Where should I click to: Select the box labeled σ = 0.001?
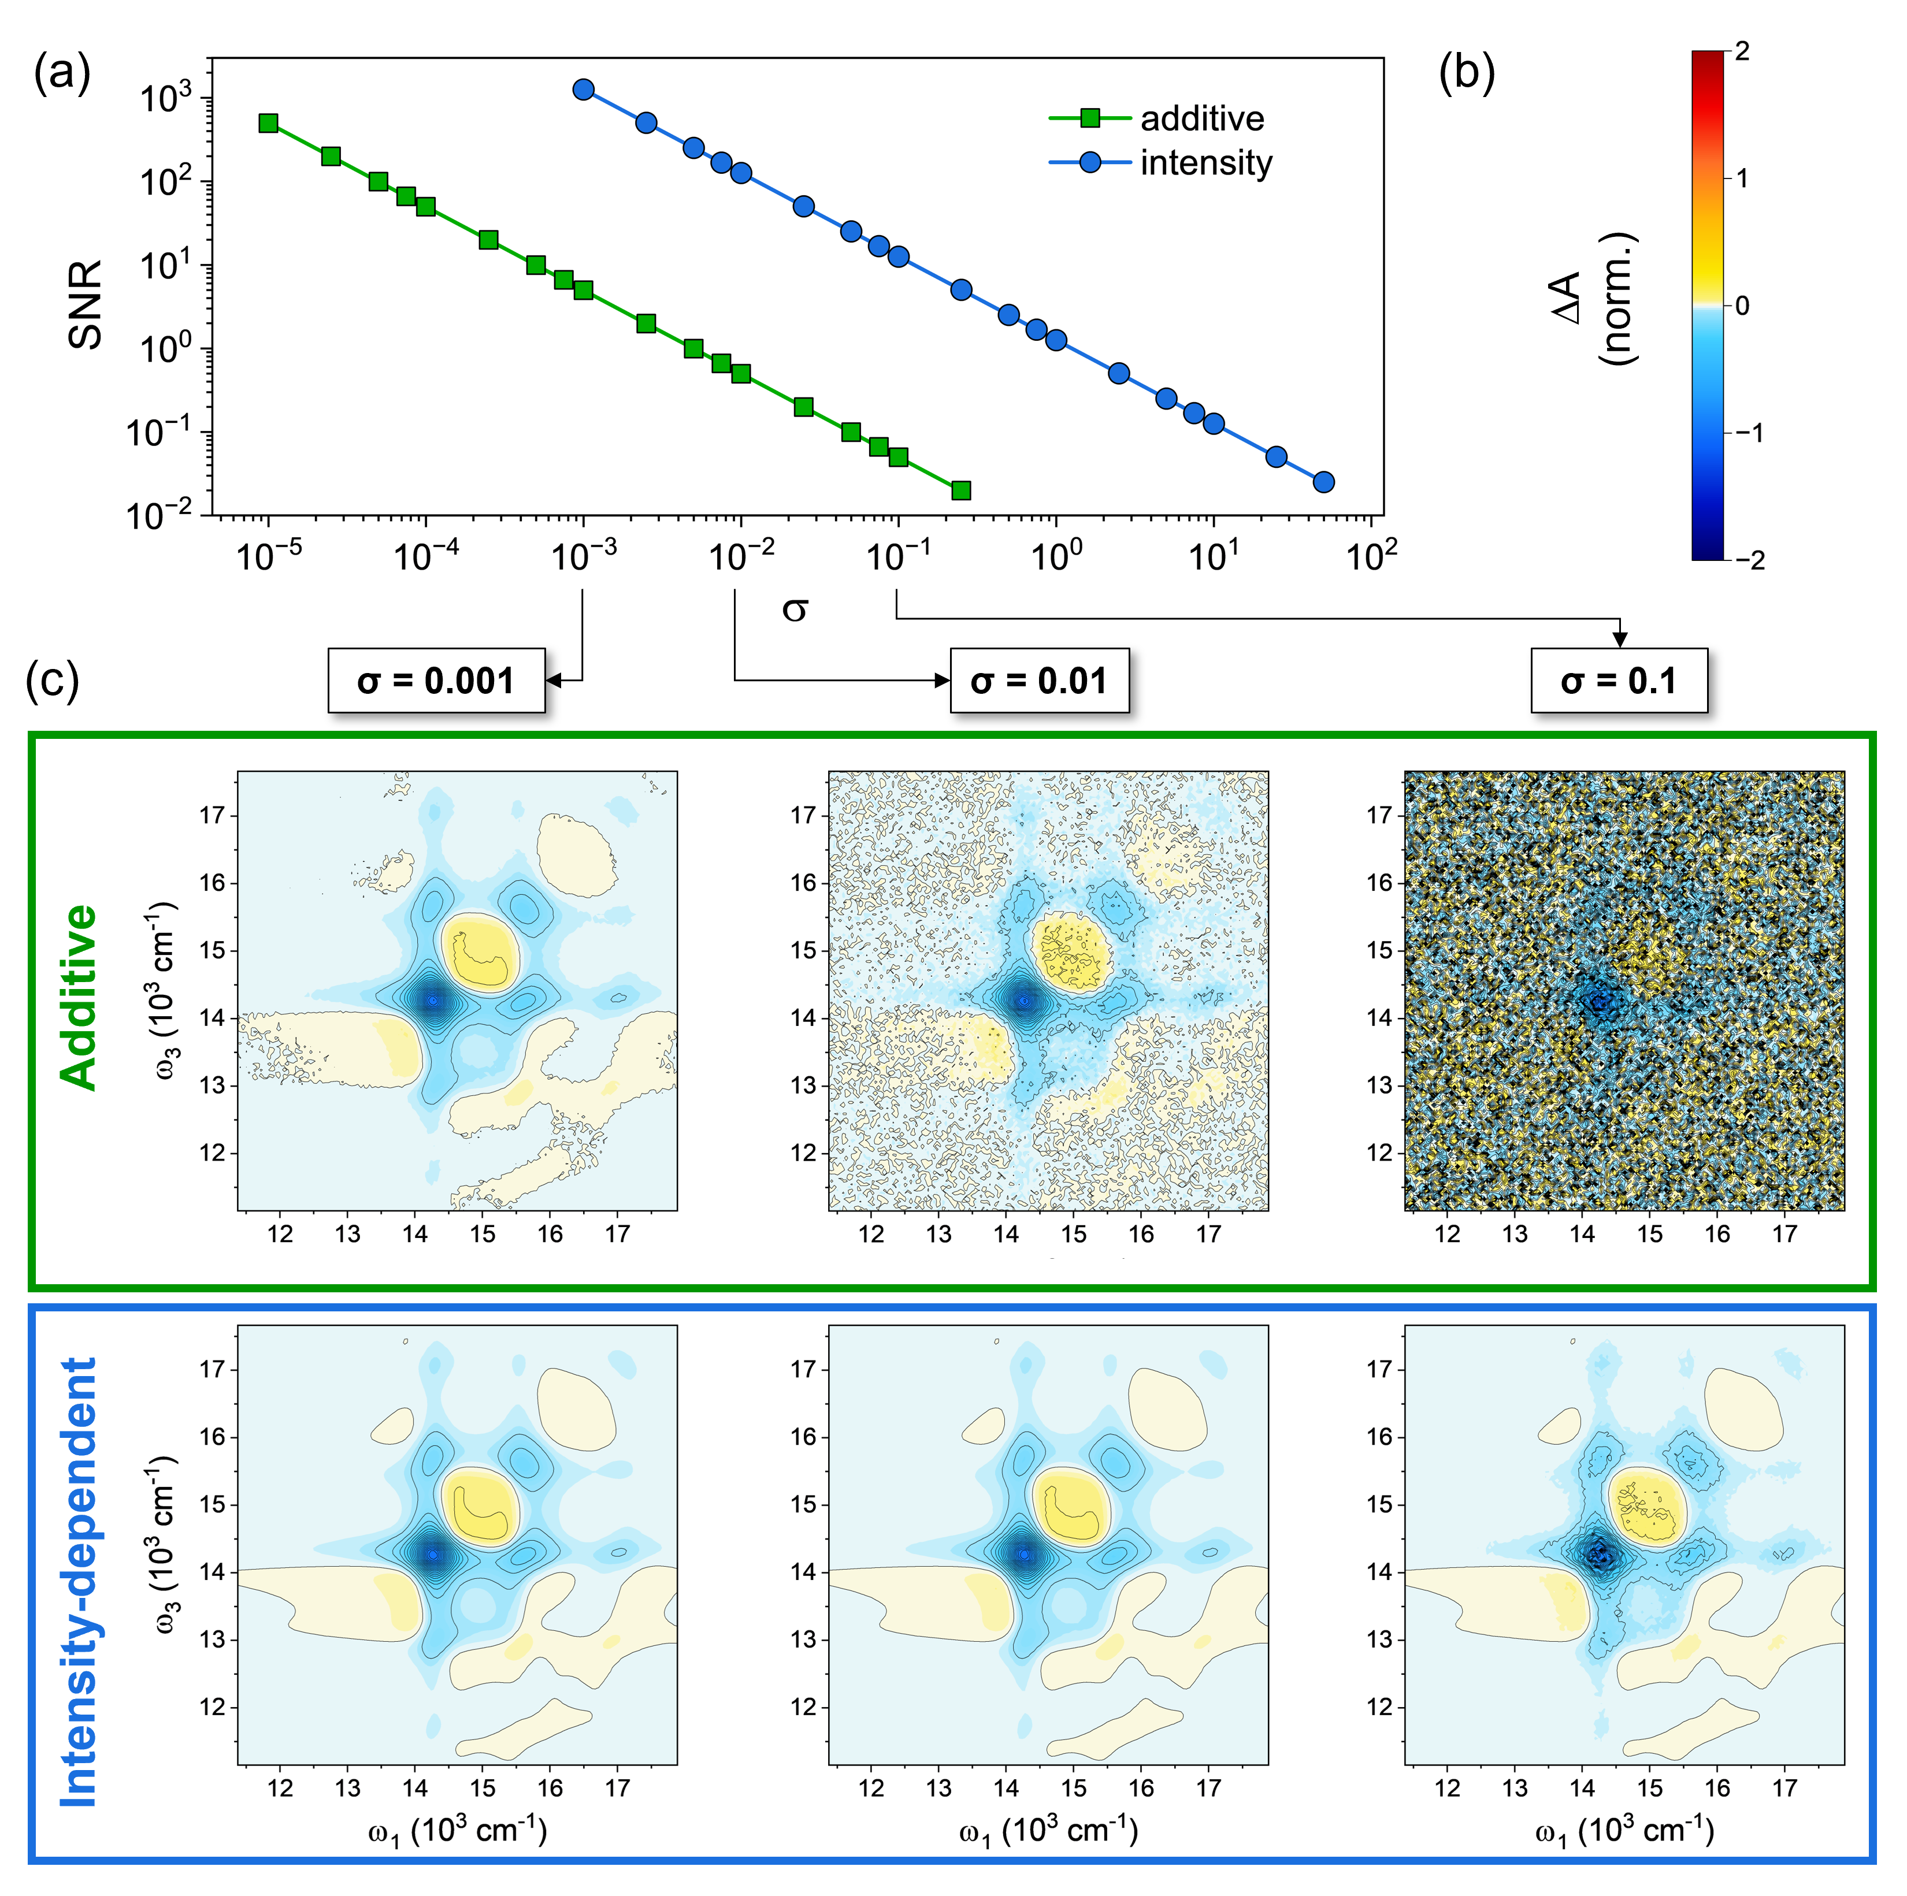[x=436, y=681]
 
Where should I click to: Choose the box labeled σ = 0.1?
[x=1618, y=681]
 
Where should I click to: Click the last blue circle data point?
[x=1324, y=482]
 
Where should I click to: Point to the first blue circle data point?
[x=583, y=90]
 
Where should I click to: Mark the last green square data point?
[x=960, y=490]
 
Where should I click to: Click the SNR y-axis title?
[x=86, y=304]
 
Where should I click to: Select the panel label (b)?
[x=1467, y=74]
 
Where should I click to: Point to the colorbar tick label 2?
[x=1741, y=51]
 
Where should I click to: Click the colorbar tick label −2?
[x=1746, y=560]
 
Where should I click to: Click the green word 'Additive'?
[x=80, y=997]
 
